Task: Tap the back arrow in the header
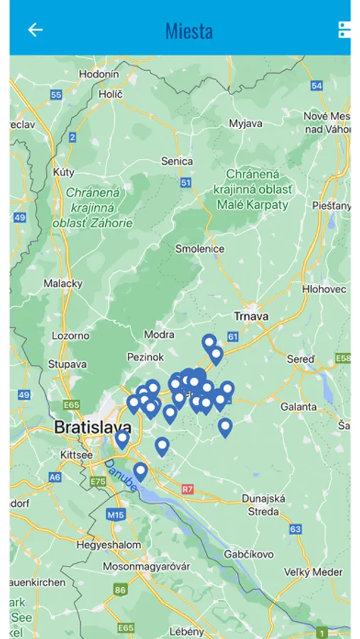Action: [x=35, y=30]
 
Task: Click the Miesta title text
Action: [x=189, y=31]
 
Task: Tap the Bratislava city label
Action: [x=92, y=427]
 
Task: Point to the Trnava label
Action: [x=251, y=316]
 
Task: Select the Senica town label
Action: [x=177, y=161]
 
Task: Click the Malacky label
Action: [x=63, y=283]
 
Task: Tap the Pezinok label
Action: [x=146, y=357]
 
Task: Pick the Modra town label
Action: [x=159, y=334]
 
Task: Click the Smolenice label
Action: [x=200, y=248]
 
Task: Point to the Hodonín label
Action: [x=99, y=74]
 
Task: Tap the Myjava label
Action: [x=246, y=123]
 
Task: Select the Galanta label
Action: [x=298, y=407]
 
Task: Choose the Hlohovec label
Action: [x=324, y=289]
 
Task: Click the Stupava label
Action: [x=67, y=364]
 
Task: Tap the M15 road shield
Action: [x=115, y=513]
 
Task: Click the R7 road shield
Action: [x=187, y=489]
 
